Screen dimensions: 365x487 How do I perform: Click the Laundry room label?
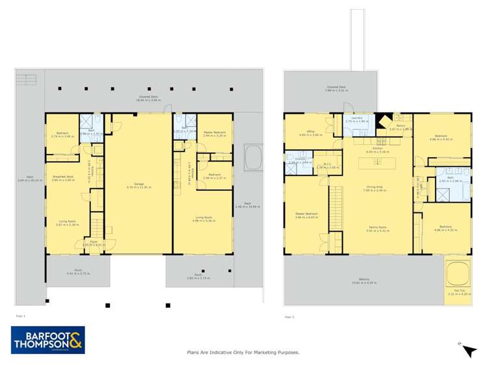(357, 120)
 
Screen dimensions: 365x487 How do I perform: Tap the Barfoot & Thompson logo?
(48, 340)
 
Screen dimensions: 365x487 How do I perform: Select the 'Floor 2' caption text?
(289, 317)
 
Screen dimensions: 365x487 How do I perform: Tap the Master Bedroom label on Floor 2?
(307, 215)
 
